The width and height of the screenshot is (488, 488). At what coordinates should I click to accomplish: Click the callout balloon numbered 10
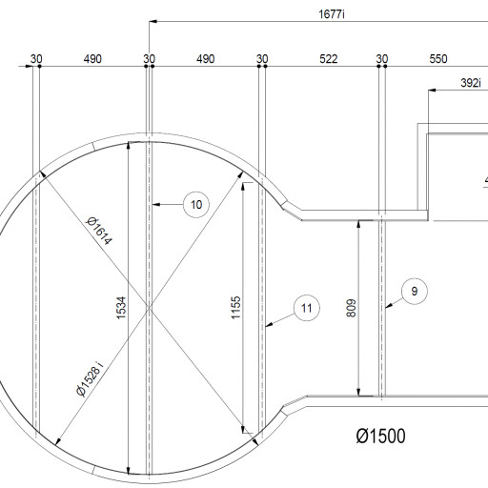196,205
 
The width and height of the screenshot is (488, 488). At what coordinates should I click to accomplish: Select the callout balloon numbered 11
307,308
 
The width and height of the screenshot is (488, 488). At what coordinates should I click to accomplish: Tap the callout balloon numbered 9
415,292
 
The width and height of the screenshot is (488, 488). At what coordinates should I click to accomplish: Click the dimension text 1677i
332,14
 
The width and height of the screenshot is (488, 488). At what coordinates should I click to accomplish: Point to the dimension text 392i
471,83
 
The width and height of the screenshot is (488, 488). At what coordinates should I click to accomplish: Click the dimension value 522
328,59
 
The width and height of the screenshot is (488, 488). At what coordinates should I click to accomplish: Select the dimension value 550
438,59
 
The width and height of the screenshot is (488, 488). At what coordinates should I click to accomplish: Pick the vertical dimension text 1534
121,308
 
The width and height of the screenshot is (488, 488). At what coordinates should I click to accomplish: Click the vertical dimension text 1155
235,308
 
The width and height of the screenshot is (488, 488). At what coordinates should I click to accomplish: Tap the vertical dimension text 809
351,308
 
